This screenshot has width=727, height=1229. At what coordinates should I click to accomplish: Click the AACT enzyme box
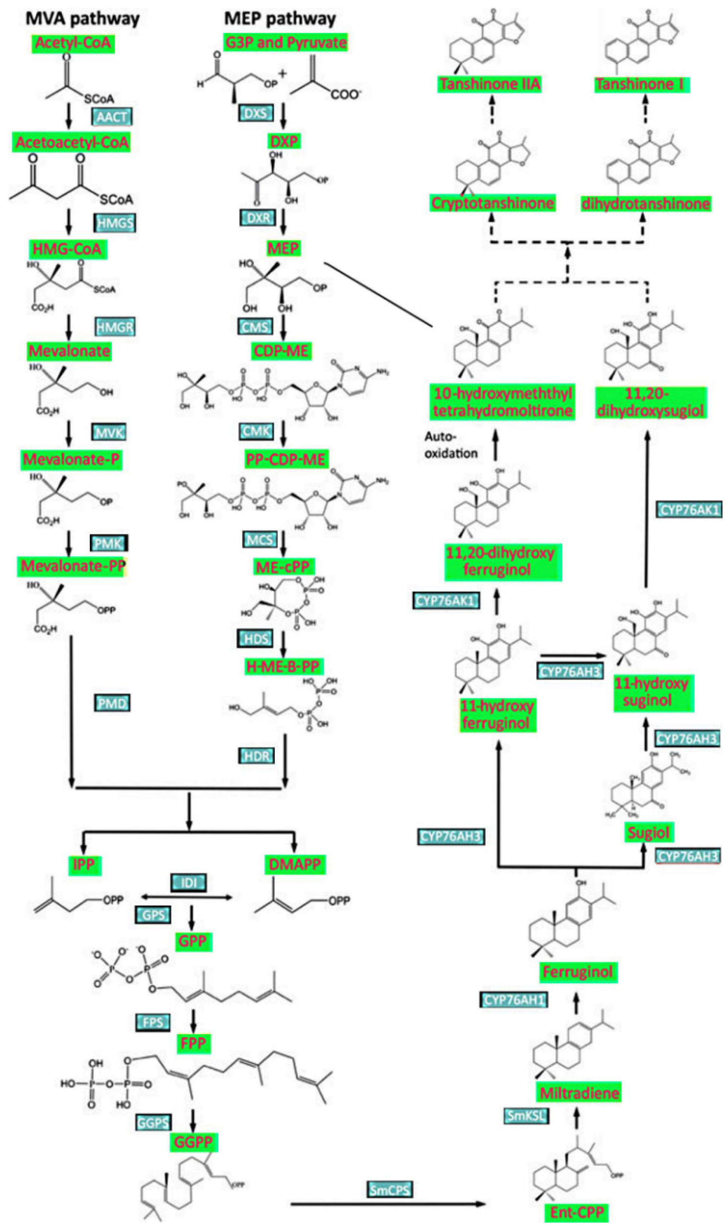(112, 117)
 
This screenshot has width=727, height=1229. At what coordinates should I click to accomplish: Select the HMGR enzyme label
(115, 327)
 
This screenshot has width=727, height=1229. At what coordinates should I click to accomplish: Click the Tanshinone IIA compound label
(490, 84)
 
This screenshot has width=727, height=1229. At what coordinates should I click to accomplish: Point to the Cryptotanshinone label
(492, 203)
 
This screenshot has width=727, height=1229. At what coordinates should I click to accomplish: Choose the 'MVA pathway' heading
(83, 19)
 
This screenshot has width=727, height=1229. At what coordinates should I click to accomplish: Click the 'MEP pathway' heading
(280, 19)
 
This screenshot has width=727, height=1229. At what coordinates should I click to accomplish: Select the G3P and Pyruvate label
(286, 42)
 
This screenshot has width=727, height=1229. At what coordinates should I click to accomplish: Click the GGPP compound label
(194, 1142)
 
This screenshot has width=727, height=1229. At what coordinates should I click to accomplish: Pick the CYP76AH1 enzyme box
(513, 1000)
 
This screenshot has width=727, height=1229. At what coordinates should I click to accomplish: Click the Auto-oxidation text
(451, 445)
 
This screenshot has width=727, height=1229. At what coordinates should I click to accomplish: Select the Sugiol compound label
(648, 832)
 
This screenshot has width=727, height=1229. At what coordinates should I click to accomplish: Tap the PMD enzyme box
(112, 703)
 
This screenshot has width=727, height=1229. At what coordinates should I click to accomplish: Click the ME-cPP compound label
(283, 566)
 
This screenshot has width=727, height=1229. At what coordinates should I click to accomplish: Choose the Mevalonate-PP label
(73, 566)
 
